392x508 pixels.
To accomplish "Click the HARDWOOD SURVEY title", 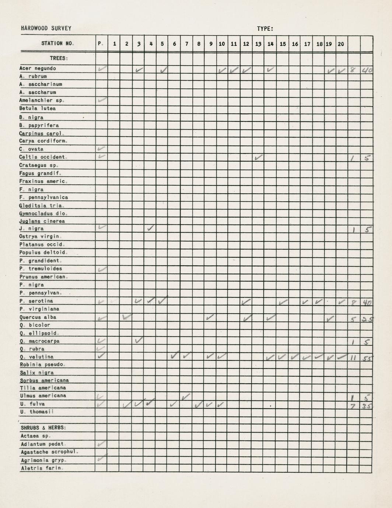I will tap(46, 28).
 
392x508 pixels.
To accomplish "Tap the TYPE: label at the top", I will tap(265, 29).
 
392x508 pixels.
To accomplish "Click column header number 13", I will tap(258, 44).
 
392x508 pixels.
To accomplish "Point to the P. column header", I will tap(101, 44).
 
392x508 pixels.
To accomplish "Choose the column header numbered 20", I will tap(341, 44).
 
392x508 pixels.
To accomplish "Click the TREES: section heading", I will tap(59, 58).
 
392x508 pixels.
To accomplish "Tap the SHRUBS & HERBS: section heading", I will tap(43, 428).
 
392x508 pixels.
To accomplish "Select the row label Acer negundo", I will tap(38, 68).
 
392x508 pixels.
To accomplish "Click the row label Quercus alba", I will tap(38, 317).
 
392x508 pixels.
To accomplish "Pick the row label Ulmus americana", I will tap(43, 396).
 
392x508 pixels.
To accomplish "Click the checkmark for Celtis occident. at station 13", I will tap(259, 157).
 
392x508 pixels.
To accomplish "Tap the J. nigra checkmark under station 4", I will tap(150, 228).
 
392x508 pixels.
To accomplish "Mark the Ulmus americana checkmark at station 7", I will tap(186, 396).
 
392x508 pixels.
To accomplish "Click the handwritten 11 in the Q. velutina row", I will tap(353, 357).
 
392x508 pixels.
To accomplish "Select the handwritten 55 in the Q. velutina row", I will tap(367, 357).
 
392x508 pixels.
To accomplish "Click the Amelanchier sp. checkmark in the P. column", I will tap(102, 100).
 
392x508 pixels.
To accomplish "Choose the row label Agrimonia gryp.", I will tap(43, 461).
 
